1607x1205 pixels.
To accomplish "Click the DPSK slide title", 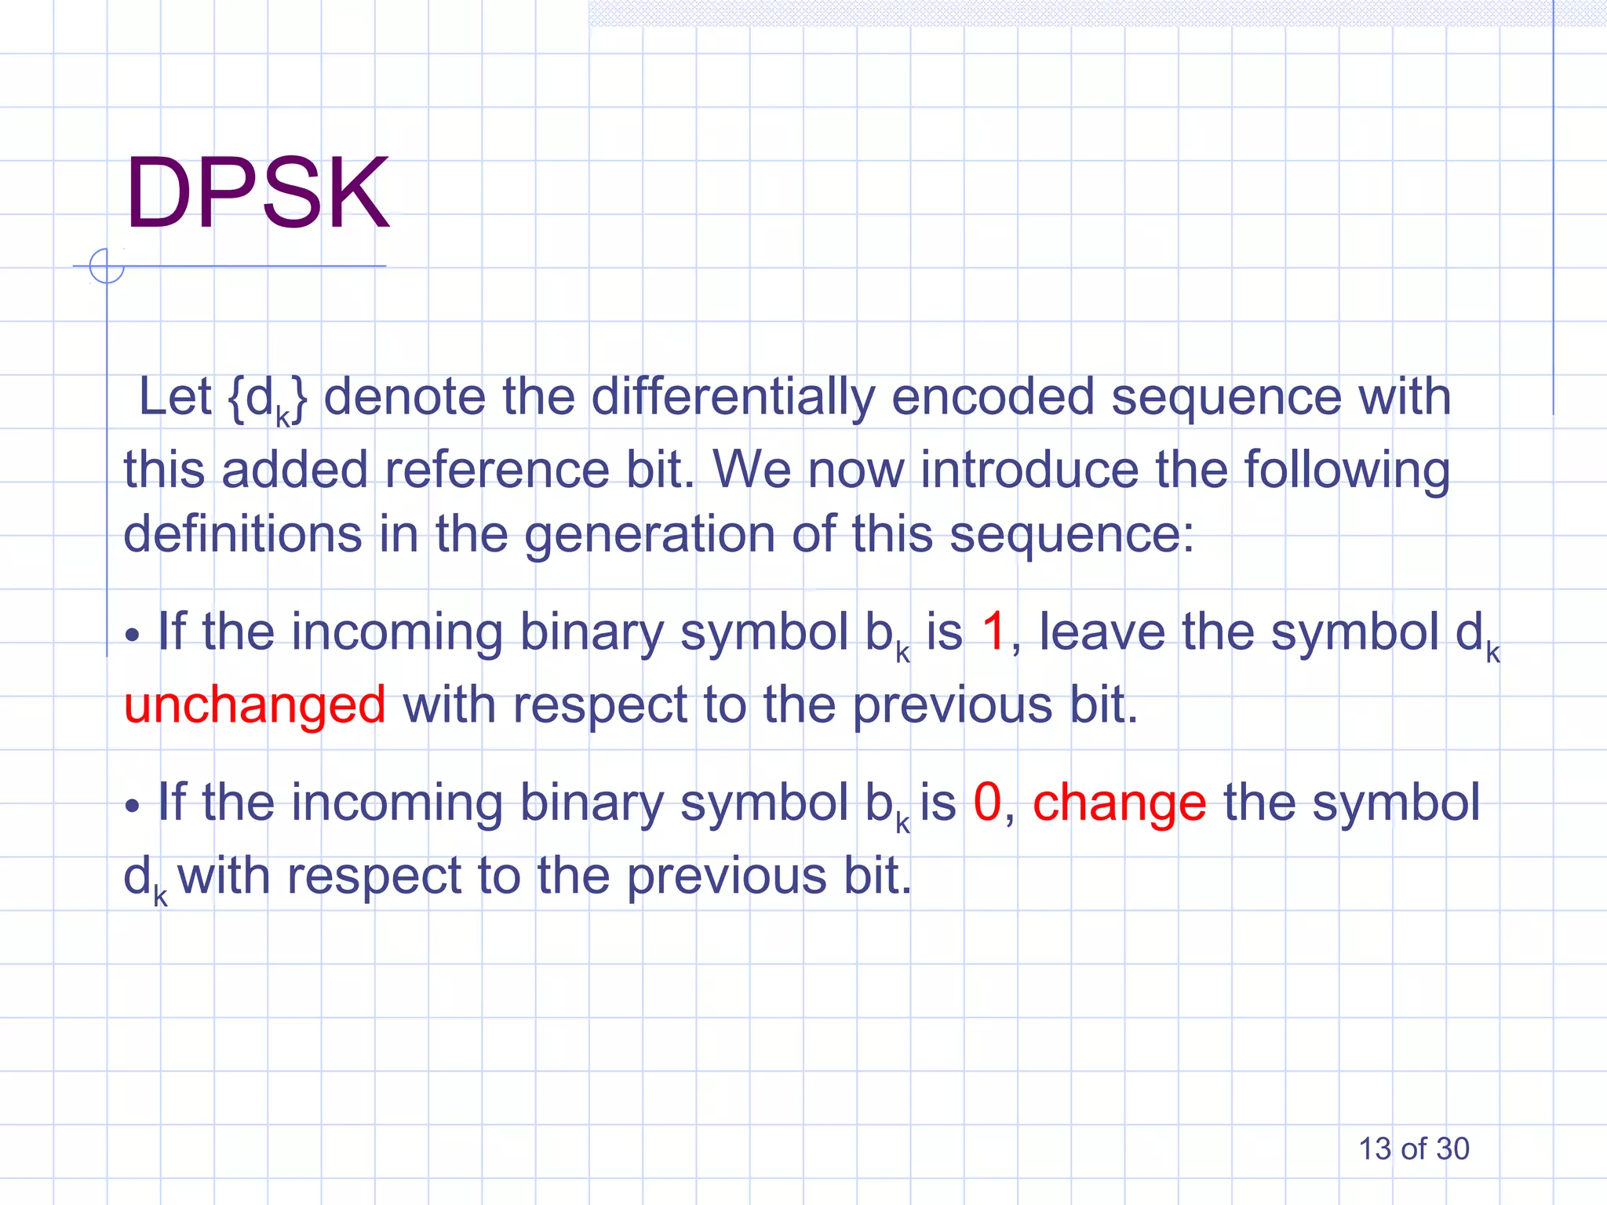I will [x=257, y=193].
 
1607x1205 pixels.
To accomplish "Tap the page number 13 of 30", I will [x=1413, y=1149].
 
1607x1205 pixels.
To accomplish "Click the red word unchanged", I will [x=255, y=704].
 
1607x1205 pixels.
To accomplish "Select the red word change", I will [x=1119, y=803].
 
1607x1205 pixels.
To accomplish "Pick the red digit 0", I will [x=987, y=803].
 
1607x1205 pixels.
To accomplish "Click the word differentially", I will [x=732, y=397].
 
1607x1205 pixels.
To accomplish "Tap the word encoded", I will [x=993, y=397].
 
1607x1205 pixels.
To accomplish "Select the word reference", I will [x=497, y=470].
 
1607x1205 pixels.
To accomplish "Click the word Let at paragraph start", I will [x=174, y=397].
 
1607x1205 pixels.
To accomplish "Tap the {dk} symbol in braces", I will [x=268, y=399].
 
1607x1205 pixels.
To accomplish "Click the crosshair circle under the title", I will [x=107, y=266].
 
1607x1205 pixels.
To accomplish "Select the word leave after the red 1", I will [x=1102, y=632].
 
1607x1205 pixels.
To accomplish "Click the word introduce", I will [x=1029, y=470].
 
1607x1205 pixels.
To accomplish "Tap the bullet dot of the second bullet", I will [x=133, y=806].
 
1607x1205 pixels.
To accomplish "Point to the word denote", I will [x=405, y=397].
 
